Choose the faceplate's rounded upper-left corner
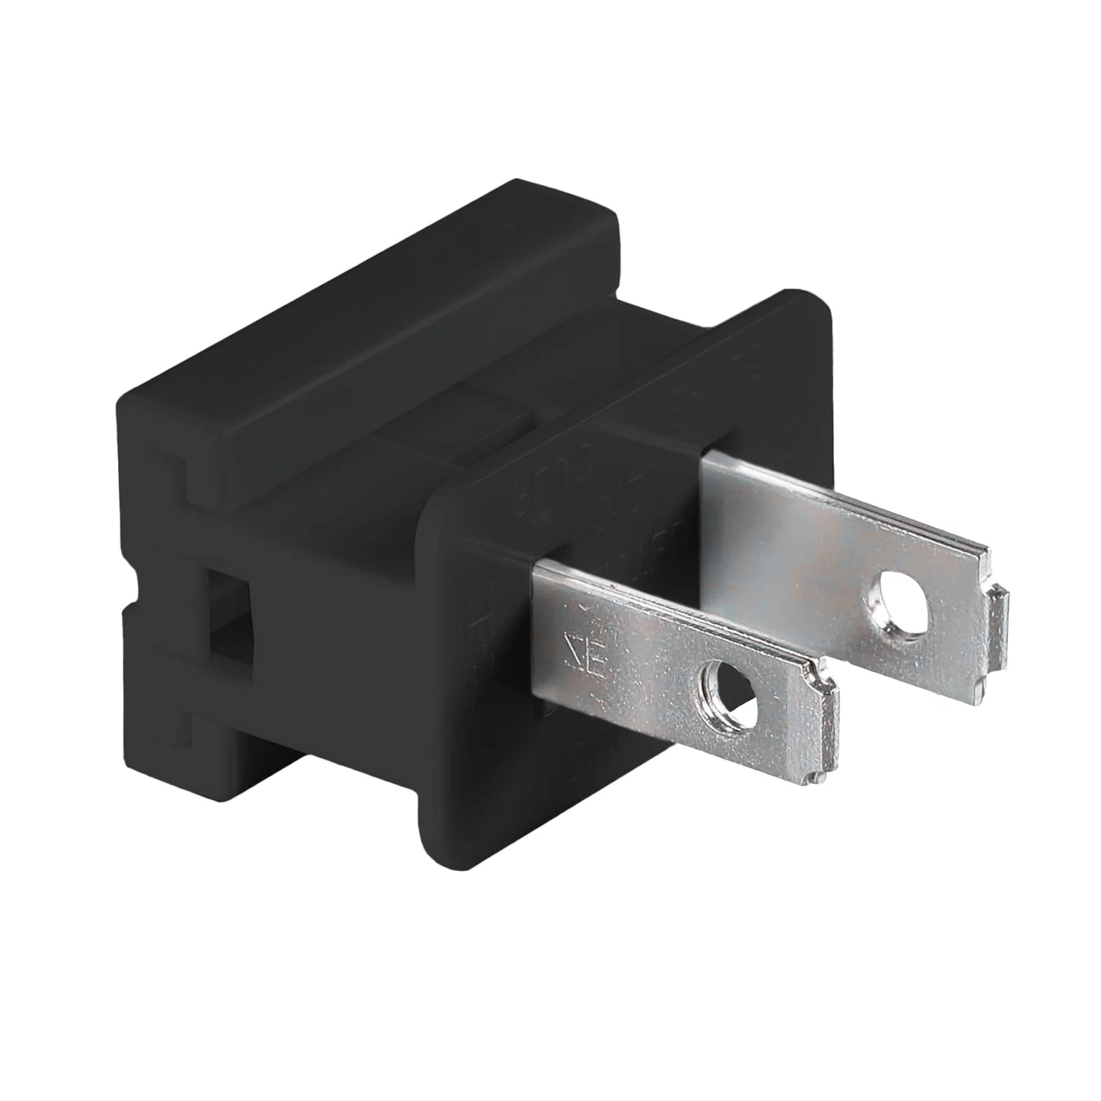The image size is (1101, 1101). pos(438,488)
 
